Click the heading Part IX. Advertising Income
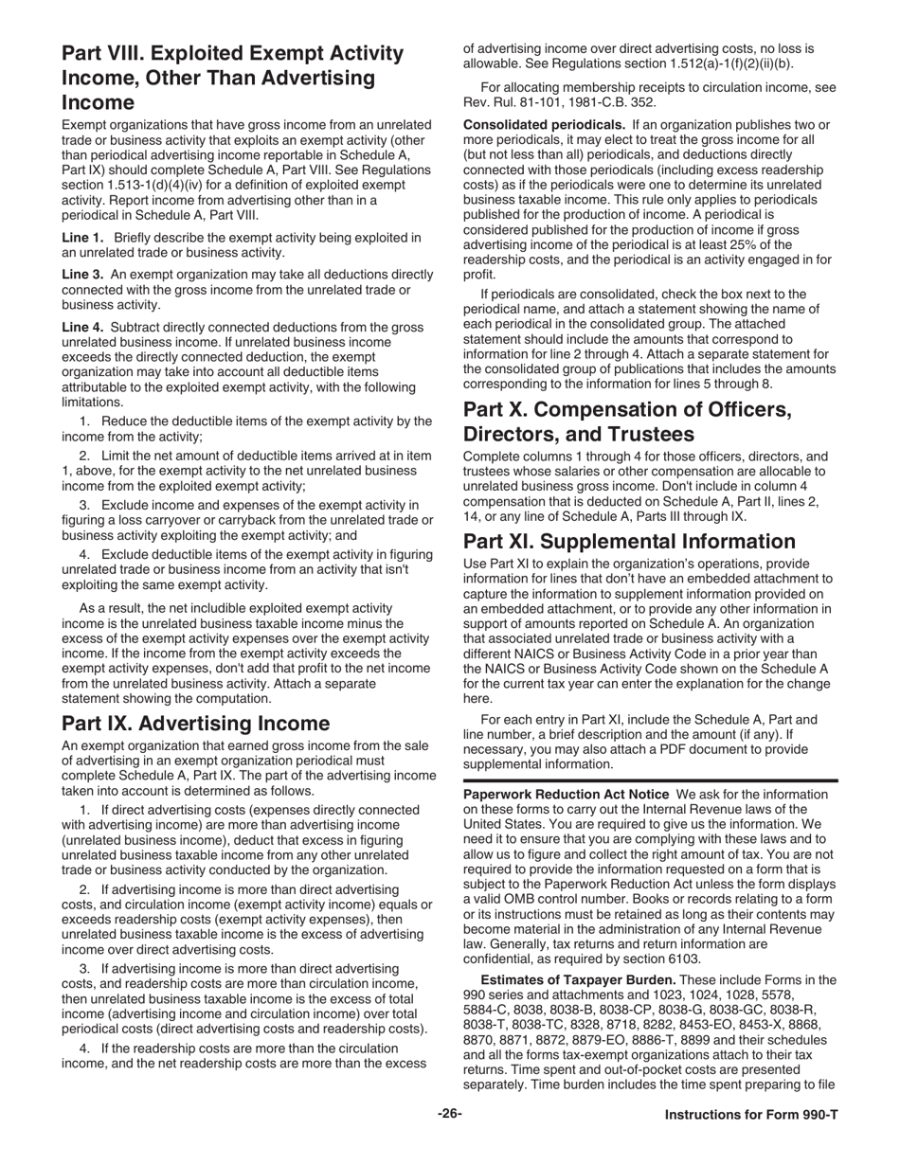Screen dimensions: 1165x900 pos(195,724)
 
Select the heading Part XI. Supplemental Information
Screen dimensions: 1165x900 pos(642,542)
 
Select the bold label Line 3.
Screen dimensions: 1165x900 pos(81,274)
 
